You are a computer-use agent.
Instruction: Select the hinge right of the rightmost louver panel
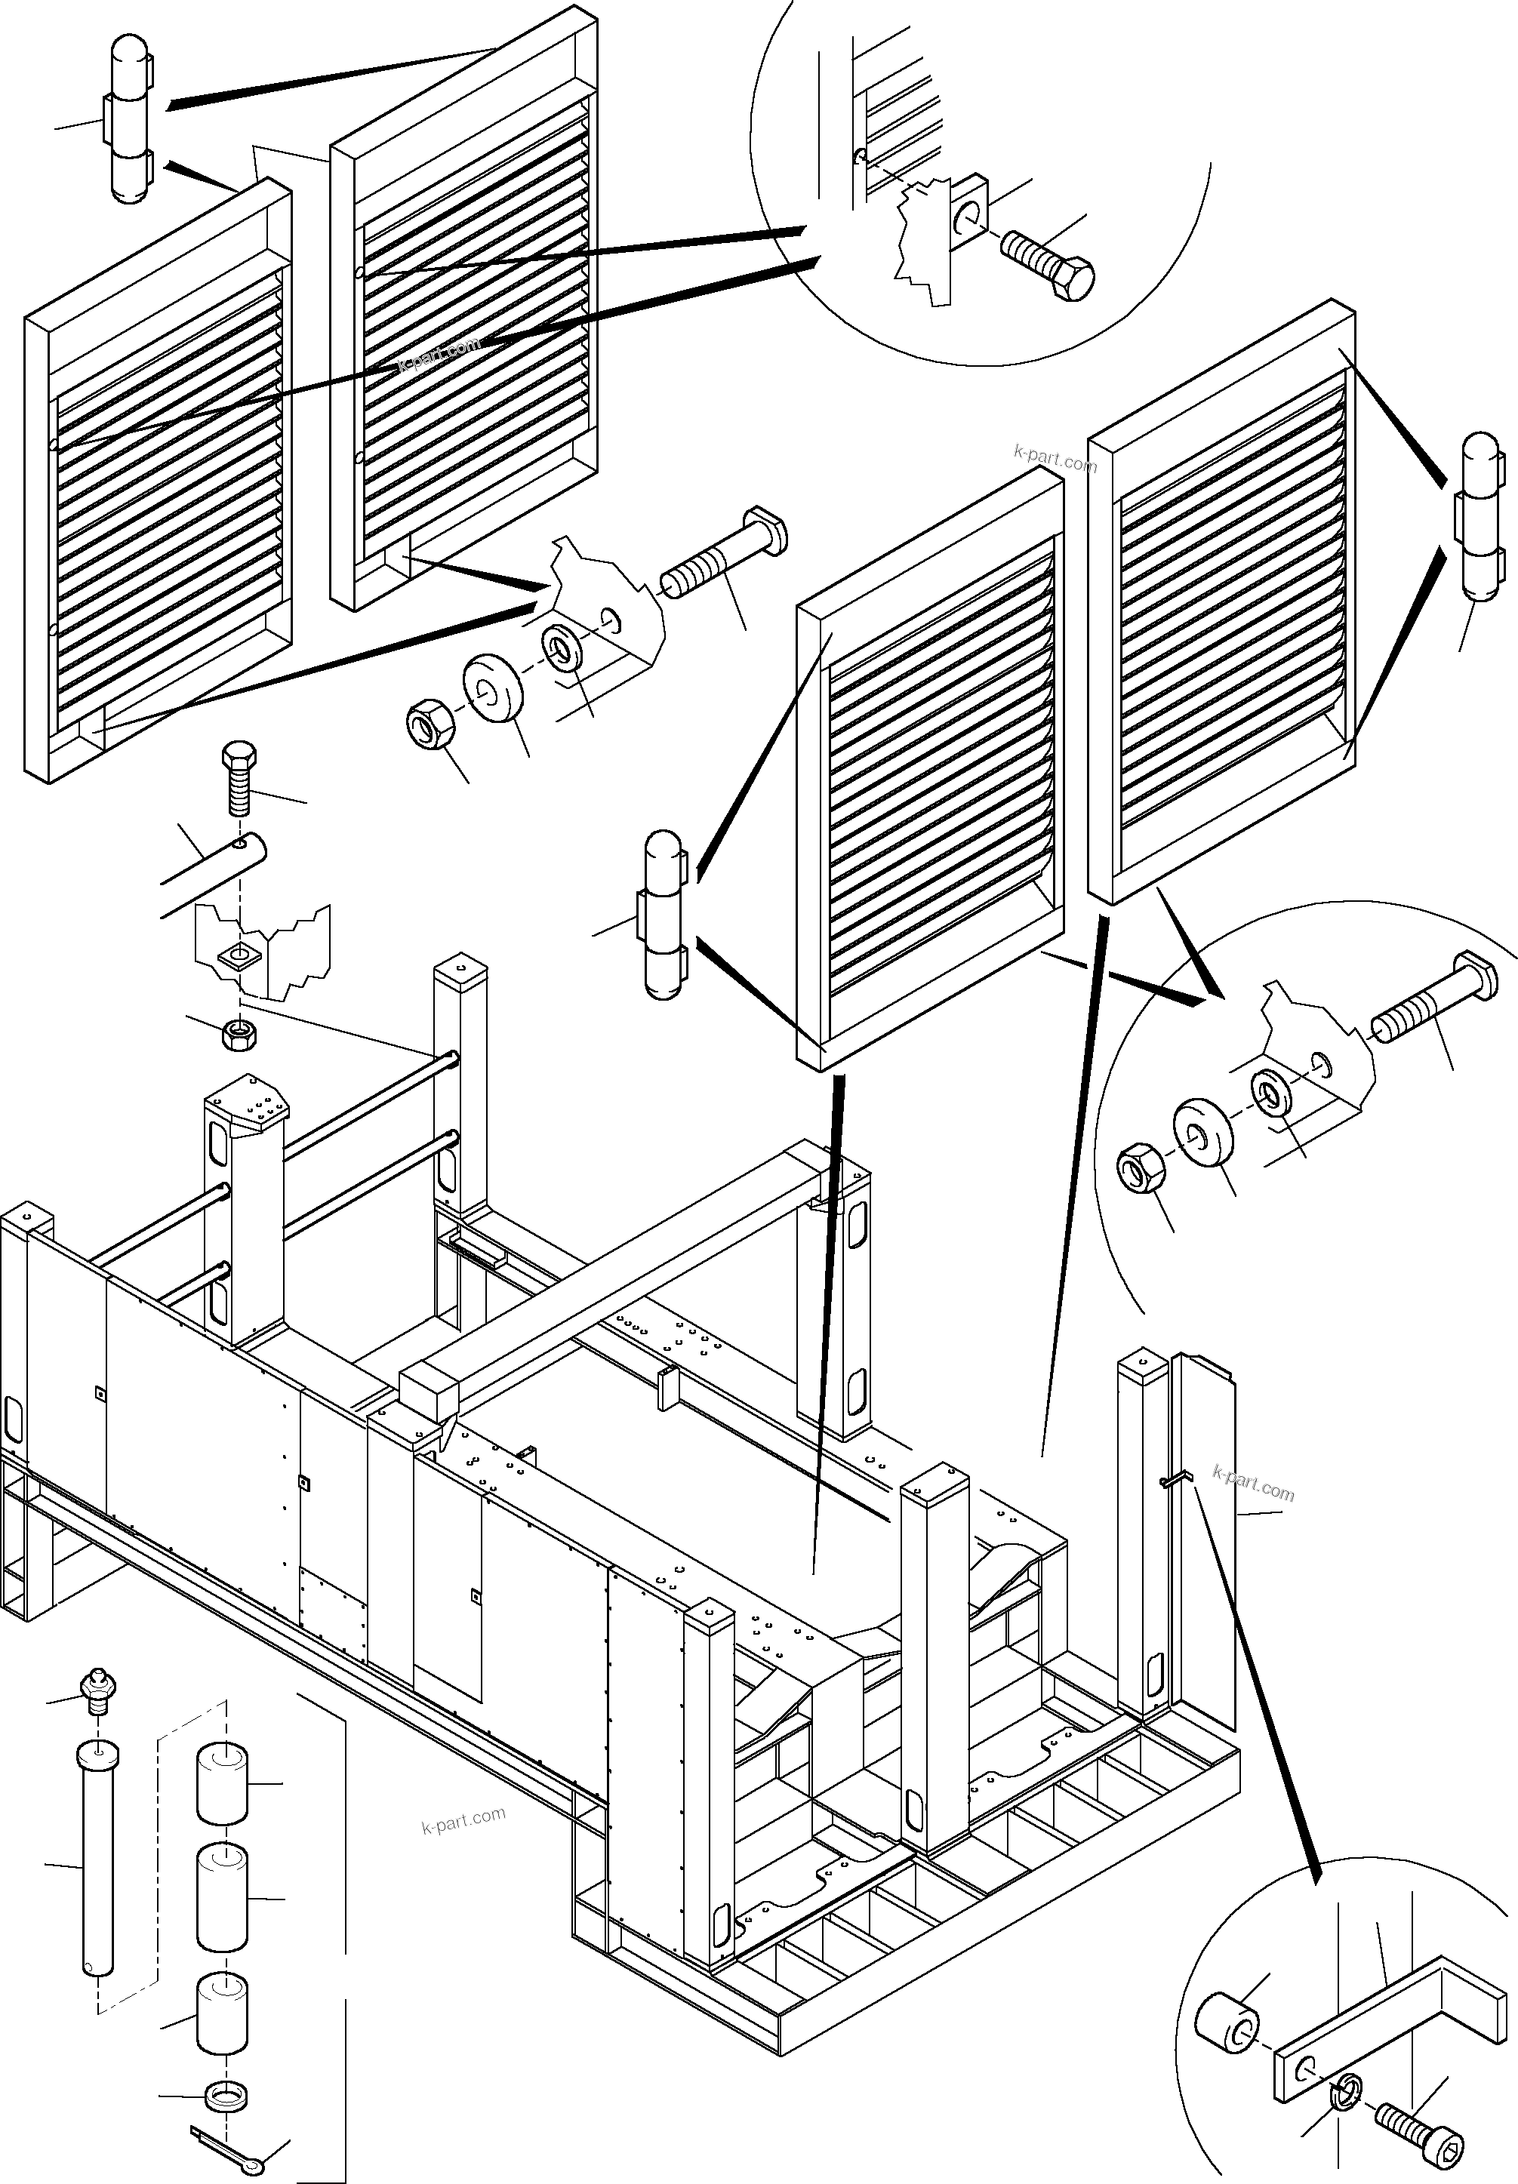click(1480, 518)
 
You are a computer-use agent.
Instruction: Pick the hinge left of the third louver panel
click(663, 915)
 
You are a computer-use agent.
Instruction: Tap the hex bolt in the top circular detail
click(1047, 263)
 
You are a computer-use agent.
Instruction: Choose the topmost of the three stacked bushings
click(222, 1785)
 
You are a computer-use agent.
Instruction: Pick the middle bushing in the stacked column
click(222, 1899)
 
